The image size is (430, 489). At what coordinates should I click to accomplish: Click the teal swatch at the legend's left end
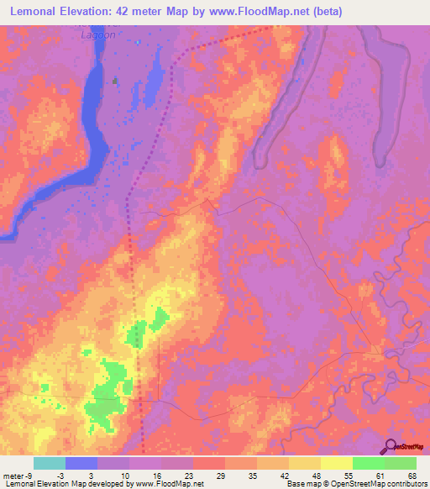click(x=50, y=463)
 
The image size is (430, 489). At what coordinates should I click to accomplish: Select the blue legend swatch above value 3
click(x=81, y=463)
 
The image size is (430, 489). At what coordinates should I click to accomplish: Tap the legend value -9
click(x=17, y=476)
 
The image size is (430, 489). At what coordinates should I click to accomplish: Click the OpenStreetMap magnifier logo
click(x=391, y=445)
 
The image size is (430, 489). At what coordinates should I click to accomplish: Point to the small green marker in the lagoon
click(x=116, y=81)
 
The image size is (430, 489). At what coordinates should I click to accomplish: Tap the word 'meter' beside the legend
click(x=12, y=476)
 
